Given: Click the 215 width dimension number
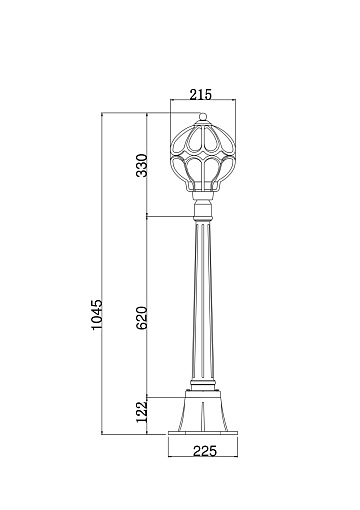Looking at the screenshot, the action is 201,95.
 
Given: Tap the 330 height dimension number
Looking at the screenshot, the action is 142,165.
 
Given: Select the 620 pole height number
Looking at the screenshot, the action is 142,318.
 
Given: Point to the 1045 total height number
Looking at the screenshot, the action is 97,315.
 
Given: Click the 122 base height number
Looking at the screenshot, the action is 142,411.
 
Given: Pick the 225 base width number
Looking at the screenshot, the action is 205,451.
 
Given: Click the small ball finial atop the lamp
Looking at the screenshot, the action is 203,116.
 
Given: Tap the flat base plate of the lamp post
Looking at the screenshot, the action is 203,433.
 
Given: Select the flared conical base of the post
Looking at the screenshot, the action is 203,411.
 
